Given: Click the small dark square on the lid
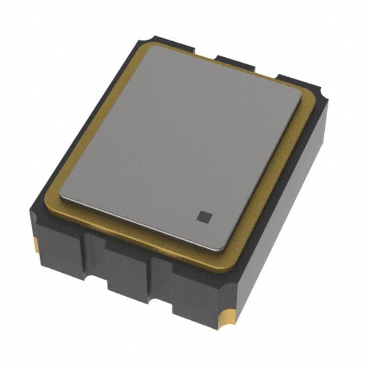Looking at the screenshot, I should (204, 216).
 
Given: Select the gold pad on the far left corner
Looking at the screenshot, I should (37, 244).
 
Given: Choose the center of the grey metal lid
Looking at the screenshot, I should (180, 147).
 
